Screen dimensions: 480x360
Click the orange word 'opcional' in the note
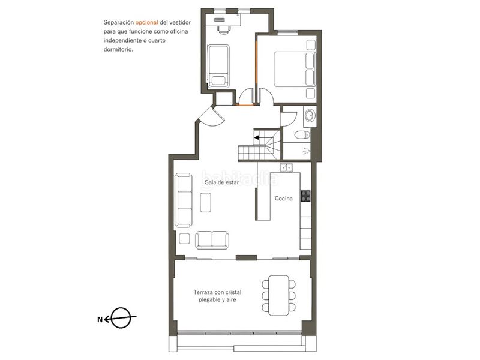146,22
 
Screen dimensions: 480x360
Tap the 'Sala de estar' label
221,182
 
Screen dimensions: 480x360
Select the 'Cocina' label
283,199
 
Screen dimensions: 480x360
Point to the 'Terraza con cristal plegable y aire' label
217,296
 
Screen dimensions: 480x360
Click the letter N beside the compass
100,320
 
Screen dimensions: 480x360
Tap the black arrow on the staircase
257,138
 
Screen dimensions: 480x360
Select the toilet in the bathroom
302,134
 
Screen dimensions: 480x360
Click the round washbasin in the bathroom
310,115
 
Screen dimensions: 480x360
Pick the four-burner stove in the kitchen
305,196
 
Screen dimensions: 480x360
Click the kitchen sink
286,168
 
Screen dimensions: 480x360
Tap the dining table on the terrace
278,295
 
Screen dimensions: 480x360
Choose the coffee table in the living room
205,202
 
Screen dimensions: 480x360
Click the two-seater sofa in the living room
212,240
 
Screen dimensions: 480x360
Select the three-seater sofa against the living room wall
184,200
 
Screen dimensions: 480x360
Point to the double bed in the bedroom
295,69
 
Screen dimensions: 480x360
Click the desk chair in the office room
224,29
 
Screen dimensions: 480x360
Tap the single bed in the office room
218,66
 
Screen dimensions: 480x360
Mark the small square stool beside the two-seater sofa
184,238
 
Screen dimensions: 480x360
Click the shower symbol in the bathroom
306,151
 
